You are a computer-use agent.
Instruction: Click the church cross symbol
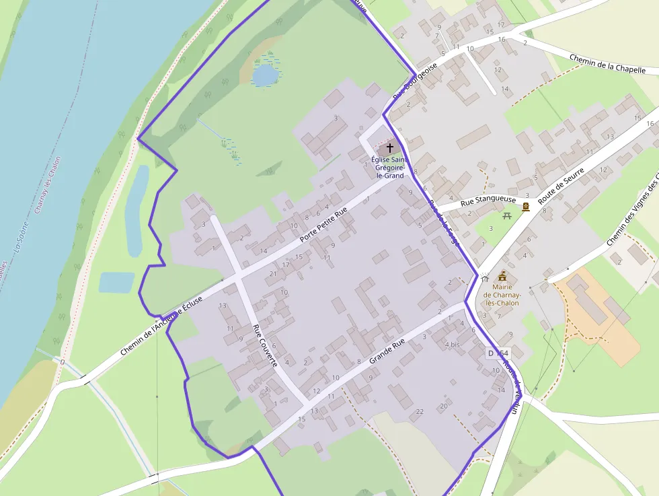click(x=390, y=147)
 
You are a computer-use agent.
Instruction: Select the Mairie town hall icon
click(x=502, y=276)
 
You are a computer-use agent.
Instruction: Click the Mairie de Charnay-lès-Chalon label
click(x=502, y=295)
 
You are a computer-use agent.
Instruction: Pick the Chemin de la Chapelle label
click(x=607, y=65)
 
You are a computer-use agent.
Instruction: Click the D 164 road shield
click(x=498, y=353)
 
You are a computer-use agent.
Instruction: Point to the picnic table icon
click(x=508, y=215)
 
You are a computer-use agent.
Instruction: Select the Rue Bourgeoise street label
click(x=415, y=84)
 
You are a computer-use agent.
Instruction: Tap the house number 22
click(x=420, y=411)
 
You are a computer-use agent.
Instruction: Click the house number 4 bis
click(x=453, y=345)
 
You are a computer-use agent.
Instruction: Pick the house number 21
click(x=272, y=274)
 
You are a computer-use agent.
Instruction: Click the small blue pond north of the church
click(x=265, y=74)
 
